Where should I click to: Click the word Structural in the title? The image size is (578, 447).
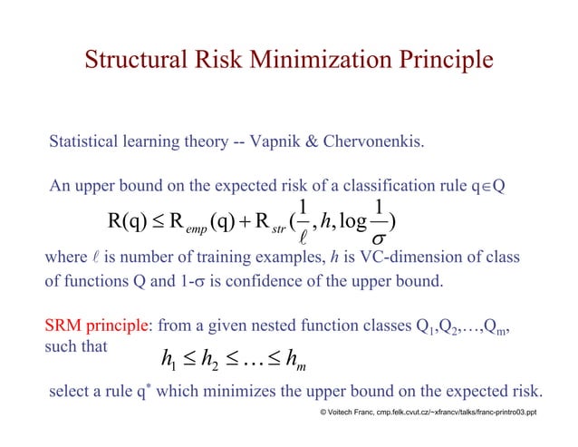(x=134, y=60)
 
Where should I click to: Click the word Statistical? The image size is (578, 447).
(x=87, y=142)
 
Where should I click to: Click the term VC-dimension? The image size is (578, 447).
(x=407, y=258)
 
